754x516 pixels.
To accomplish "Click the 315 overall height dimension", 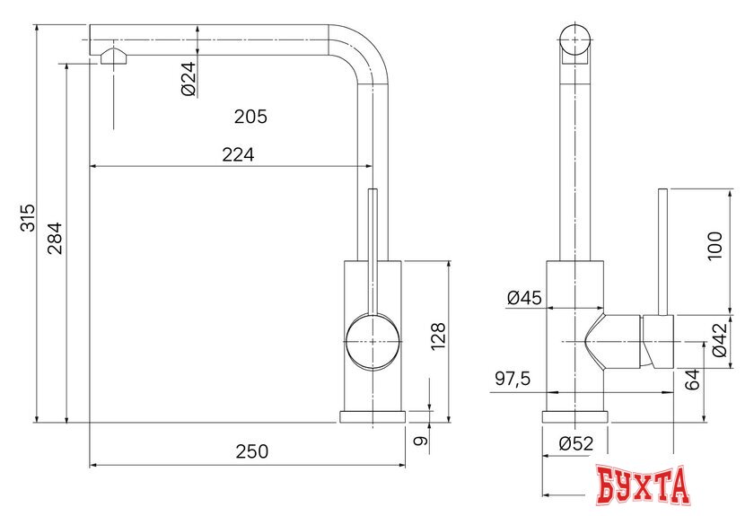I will (x=28, y=218).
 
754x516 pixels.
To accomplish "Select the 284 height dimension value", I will (x=55, y=237).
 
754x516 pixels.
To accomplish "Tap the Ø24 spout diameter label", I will (x=188, y=82).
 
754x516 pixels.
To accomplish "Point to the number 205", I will (x=250, y=117).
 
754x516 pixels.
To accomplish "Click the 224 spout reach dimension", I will (x=238, y=155).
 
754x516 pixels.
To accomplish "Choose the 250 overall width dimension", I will (x=251, y=451).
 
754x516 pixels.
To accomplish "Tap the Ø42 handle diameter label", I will (x=719, y=340).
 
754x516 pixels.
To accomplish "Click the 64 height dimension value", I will (x=691, y=379).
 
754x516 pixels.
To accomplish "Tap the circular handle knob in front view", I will (x=372, y=343).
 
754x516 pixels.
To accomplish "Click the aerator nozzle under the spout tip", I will (x=116, y=57).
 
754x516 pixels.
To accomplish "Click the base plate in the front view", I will (x=372, y=416).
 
